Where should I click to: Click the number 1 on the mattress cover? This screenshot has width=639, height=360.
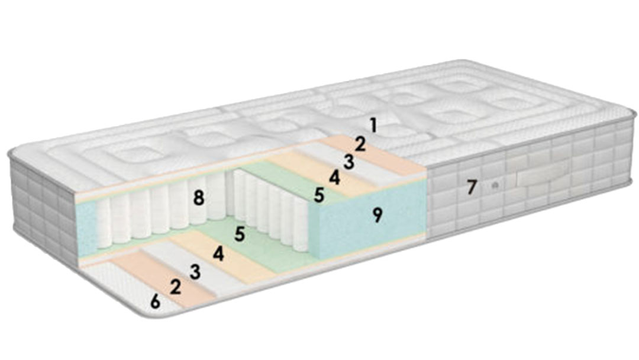(x=373, y=125)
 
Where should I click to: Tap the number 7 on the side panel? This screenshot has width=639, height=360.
(x=472, y=187)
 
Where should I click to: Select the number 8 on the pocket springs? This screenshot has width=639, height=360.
(x=198, y=198)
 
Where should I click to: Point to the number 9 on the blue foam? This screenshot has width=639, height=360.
(x=377, y=216)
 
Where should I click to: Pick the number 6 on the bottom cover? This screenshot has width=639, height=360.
(x=155, y=302)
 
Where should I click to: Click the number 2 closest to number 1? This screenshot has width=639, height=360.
(x=360, y=144)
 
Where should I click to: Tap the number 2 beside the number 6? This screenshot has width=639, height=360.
(x=176, y=287)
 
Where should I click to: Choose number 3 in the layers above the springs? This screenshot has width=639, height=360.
(x=348, y=162)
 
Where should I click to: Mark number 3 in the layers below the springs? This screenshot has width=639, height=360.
(x=195, y=272)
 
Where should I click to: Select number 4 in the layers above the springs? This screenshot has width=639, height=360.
(x=334, y=178)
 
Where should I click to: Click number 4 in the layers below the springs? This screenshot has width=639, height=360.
(x=218, y=255)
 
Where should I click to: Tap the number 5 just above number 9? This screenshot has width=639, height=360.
(x=319, y=195)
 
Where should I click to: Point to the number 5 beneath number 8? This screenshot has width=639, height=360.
(x=240, y=234)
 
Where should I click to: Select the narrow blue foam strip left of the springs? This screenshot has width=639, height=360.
(x=87, y=229)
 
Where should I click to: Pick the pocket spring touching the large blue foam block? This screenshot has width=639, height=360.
(x=301, y=225)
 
